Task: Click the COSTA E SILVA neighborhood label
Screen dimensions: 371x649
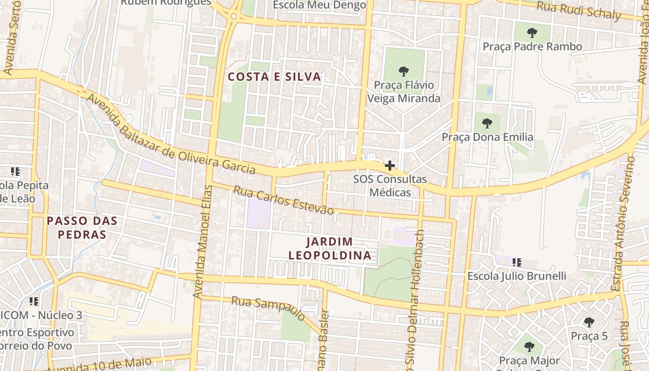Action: (275, 77)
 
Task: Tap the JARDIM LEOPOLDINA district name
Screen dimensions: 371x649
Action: (330, 249)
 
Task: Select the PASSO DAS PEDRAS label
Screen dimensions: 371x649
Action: (83, 227)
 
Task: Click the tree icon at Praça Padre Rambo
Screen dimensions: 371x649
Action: (532, 33)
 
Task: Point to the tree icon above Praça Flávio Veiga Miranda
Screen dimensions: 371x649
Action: (404, 71)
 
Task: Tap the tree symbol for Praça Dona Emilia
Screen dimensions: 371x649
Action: (487, 123)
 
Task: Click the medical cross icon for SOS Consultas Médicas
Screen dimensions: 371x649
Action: (390, 166)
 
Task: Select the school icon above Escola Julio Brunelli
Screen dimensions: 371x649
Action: (517, 262)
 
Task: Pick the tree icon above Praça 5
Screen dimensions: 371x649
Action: (589, 322)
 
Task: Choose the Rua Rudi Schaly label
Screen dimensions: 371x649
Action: (579, 11)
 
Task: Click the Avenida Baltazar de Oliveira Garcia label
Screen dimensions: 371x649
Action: (171, 134)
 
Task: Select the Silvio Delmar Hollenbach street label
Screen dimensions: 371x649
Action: (414, 297)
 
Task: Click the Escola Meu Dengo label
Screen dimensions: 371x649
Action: (319, 5)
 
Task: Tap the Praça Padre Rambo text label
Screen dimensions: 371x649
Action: (532, 47)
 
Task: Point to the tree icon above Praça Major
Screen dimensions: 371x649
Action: (529, 346)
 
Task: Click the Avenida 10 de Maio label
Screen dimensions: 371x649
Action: (99, 365)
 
